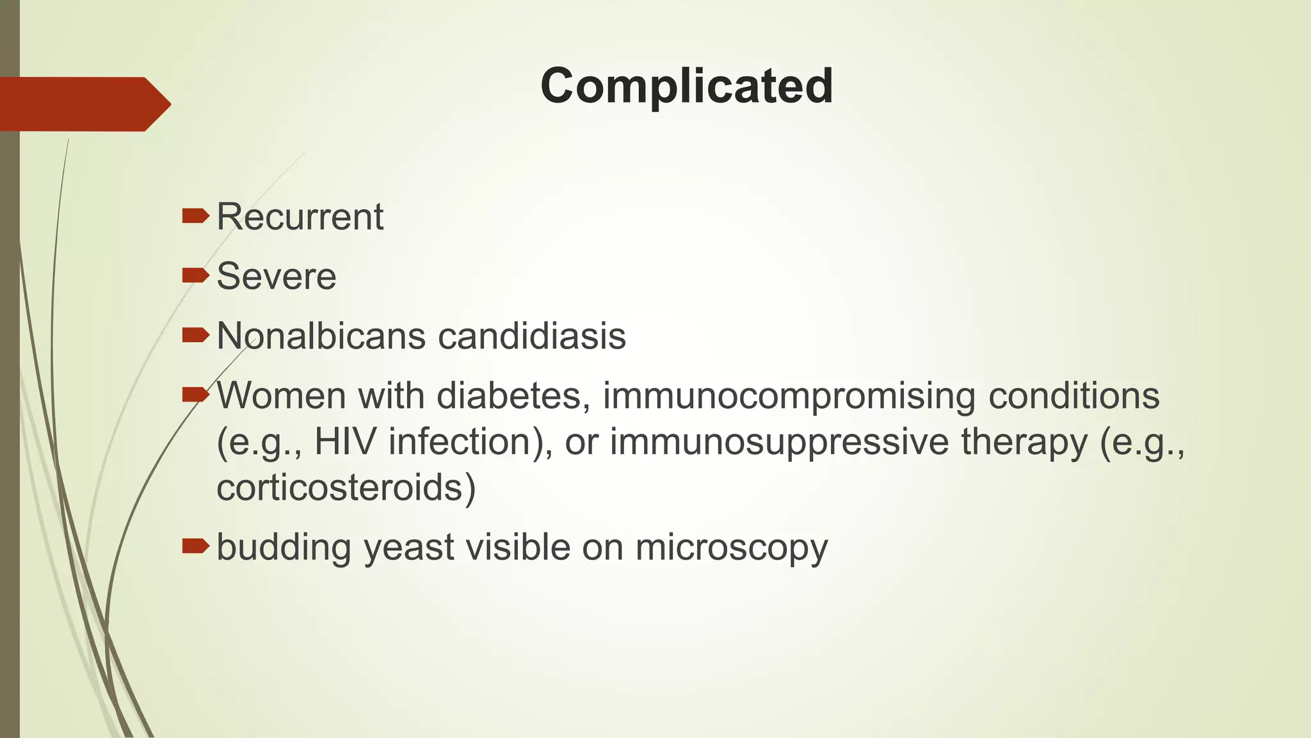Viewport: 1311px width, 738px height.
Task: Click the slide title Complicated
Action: (686, 86)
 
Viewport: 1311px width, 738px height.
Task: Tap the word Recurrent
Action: (300, 217)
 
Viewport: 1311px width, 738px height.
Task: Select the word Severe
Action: (277, 276)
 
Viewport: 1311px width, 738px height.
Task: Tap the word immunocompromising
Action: (789, 395)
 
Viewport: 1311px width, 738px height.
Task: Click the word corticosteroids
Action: (346, 488)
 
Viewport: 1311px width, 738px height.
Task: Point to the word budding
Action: (284, 548)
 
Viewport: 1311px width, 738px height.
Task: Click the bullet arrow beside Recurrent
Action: (195, 216)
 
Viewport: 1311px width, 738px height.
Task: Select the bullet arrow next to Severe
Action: (195, 275)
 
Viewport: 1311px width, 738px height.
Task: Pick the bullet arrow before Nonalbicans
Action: (195, 335)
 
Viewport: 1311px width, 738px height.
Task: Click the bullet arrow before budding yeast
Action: (195, 546)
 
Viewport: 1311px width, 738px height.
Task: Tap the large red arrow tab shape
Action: (83, 104)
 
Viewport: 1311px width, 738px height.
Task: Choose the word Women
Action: (281, 395)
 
